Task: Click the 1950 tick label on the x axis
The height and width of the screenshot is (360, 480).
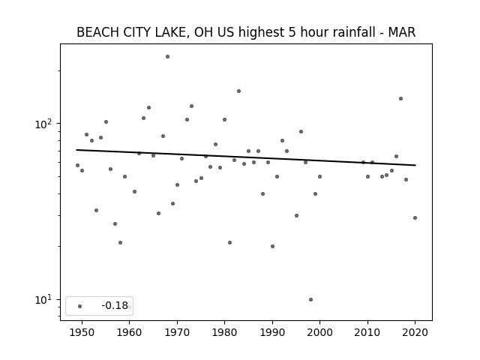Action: [82, 332]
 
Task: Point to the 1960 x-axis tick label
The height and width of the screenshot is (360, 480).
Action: [129, 332]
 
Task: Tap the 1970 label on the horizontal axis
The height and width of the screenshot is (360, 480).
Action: [177, 332]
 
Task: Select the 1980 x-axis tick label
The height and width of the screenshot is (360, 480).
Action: [224, 332]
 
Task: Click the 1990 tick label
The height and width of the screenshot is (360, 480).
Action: [272, 332]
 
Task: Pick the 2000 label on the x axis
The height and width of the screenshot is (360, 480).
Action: [319, 332]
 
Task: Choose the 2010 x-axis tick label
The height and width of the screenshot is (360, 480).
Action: [367, 332]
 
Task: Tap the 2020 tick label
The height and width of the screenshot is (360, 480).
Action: [415, 332]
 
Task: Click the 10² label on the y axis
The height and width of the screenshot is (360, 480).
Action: [45, 124]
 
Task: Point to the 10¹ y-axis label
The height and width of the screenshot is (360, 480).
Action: [45, 300]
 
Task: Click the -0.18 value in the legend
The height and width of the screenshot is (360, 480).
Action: [115, 305]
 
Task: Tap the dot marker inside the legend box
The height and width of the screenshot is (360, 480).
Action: [80, 306]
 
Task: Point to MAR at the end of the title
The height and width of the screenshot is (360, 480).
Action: [402, 32]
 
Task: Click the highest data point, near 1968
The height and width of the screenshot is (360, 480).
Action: [167, 57]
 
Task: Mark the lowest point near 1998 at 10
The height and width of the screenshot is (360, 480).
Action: [310, 300]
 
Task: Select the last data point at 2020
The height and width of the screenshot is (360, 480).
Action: [415, 218]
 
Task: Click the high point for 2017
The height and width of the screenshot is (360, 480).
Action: [400, 98]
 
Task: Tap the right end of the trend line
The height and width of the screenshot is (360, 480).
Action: [415, 165]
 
